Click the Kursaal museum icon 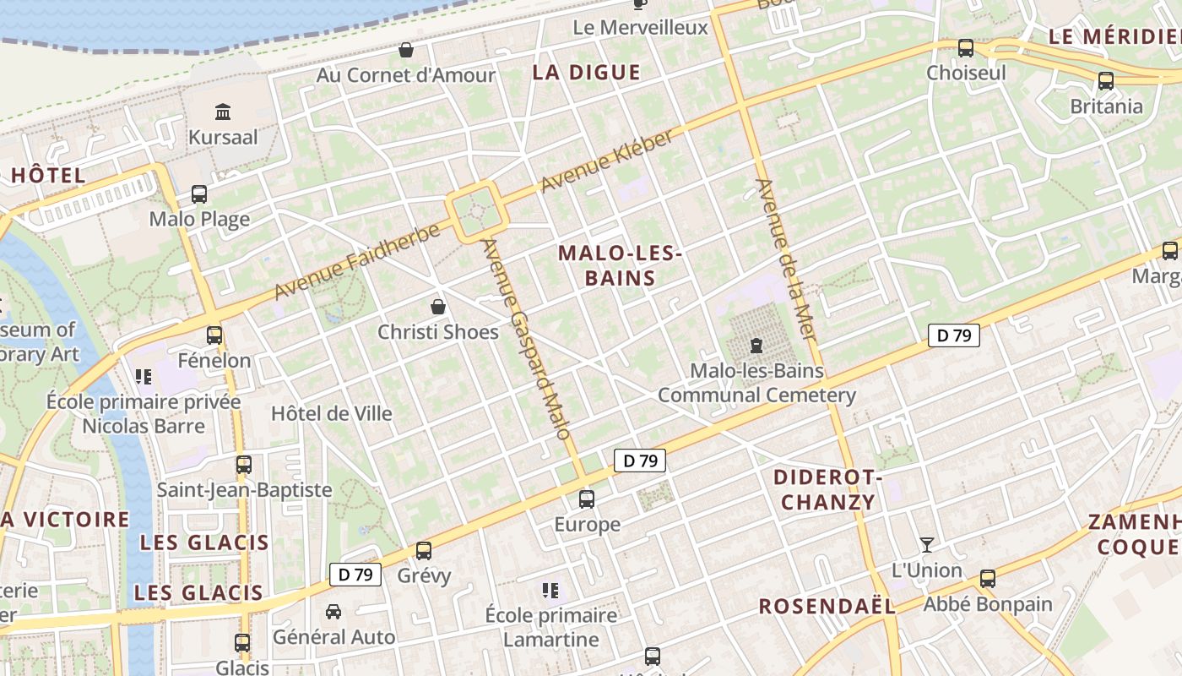tap(223, 111)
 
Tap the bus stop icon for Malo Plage tap(199, 194)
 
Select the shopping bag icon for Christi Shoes tap(438, 306)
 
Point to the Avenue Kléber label tap(607, 161)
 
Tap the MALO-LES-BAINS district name tap(620, 265)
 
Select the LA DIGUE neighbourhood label tap(586, 73)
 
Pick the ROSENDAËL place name tap(827, 606)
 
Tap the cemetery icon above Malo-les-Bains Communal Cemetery tap(756, 346)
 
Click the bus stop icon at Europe tap(587, 499)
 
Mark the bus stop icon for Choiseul tap(966, 48)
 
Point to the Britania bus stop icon tap(1105, 81)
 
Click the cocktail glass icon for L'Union tap(927, 545)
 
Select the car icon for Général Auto tap(333, 611)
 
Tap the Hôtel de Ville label tap(332, 413)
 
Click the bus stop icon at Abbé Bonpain tap(988, 579)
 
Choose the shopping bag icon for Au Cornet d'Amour tap(406, 50)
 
